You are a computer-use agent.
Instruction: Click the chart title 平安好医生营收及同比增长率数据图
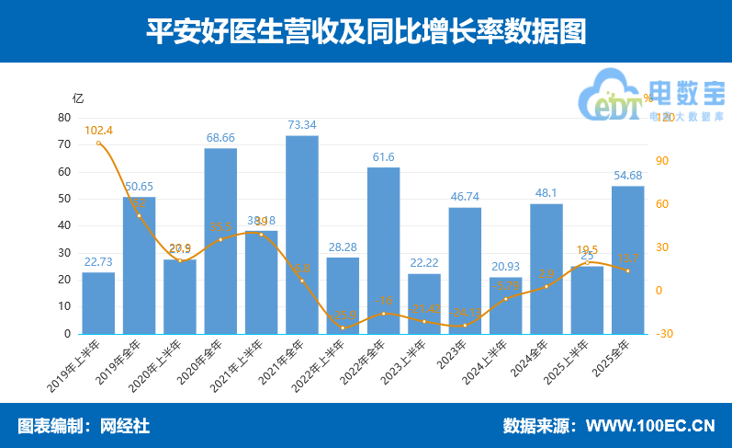(366, 31)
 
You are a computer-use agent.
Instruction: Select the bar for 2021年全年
(302, 235)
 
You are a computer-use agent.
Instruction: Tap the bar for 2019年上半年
(98, 303)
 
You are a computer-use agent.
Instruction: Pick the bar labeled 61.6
(384, 250)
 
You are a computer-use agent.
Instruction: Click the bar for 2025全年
(628, 259)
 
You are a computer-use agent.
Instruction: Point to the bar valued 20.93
(506, 304)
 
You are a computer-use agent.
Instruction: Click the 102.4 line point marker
(98, 143)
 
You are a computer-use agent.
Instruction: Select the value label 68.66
(220, 138)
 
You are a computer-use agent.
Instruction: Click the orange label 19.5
(586, 249)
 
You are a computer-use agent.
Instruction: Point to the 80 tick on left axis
(63, 118)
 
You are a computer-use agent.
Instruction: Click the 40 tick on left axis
(63, 225)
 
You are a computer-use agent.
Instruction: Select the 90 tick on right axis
(664, 161)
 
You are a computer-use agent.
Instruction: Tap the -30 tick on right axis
(664, 333)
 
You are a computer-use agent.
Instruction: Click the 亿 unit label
(78, 98)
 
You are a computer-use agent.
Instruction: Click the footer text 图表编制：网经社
(84, 426)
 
